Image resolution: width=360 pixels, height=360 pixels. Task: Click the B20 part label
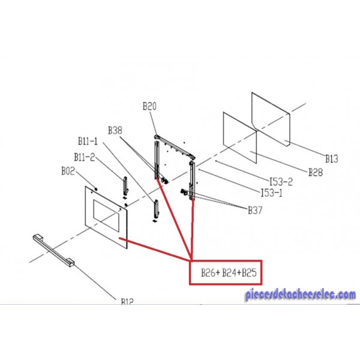(149, 106)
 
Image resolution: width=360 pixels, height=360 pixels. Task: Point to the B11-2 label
(84, 157)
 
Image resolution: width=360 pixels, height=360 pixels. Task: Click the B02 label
(68, 170)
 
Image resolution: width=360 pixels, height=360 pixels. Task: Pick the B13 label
(332, 158)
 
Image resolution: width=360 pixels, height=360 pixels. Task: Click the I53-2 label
(280, 181)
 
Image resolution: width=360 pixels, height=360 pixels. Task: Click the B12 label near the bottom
(126, 302)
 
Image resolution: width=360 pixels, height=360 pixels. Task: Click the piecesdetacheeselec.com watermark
(300, 295)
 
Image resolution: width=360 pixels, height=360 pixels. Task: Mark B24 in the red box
(229, 274)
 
